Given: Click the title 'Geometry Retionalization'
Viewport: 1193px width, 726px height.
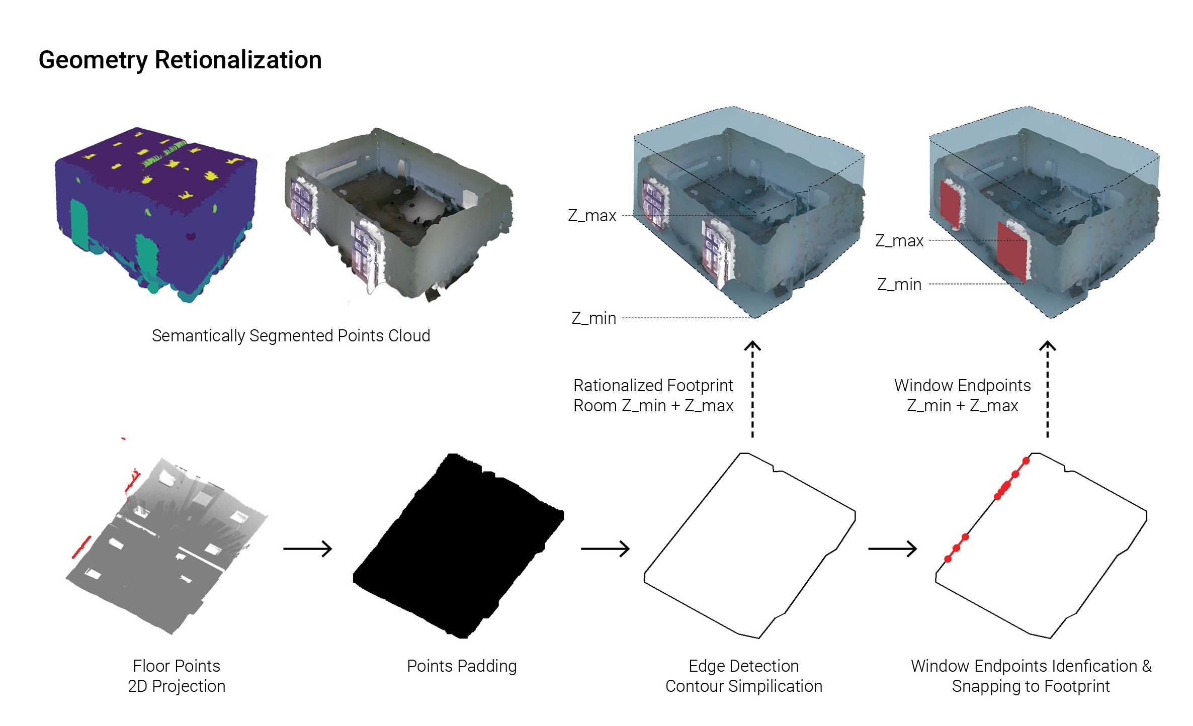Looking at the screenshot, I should click(x=180, y=60).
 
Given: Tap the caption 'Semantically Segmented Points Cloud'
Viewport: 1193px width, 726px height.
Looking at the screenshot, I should click(x=291, y=335).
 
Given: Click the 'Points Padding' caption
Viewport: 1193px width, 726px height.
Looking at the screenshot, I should click(x=462, y=666).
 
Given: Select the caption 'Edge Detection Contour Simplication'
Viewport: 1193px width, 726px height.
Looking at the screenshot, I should click(x=743, y=676).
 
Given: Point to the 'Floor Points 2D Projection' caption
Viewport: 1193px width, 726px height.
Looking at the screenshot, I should click(x=177, y=676).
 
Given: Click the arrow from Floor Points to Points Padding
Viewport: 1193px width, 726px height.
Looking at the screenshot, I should click(x=307, y=549).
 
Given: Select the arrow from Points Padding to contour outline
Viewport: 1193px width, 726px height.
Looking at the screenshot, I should click(x=605, y=549).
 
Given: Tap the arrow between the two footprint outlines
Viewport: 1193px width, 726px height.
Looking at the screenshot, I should click(x=892, y=549).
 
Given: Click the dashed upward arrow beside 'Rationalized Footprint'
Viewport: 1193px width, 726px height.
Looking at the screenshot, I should click(x=752, y=390).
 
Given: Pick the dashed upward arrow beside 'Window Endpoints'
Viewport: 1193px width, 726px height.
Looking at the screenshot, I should click(x=1047, y=390).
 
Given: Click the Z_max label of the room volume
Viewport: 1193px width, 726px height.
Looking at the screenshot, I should click(x=592, y=216).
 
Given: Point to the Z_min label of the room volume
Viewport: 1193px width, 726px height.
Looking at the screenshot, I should click(x=593, y=318).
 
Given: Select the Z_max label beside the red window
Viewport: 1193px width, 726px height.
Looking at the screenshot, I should click(x=899, y=241).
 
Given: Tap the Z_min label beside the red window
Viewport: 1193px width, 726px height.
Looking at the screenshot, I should click(x=899, y=285).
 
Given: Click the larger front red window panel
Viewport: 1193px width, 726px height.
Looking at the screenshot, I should click(x=1012, y=251).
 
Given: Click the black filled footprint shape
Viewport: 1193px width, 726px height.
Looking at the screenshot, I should click(x=458, y=548).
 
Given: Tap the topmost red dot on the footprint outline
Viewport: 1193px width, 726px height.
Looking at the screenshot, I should click(x=1026, y=461).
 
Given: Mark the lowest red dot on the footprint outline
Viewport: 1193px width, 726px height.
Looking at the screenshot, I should click(x=948, y=559).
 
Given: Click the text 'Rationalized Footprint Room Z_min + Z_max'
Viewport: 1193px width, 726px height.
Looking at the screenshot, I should click(x=653, y=396).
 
